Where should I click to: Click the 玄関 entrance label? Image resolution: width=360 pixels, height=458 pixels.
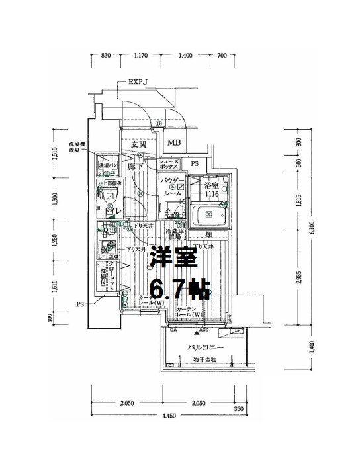coord(138,144)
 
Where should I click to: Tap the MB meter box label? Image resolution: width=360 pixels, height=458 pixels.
coord(174,143)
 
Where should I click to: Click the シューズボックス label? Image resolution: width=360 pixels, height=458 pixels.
coord(170,165)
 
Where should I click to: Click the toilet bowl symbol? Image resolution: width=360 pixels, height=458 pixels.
coord(110,195)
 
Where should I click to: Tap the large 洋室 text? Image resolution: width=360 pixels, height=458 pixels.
coord(173,258)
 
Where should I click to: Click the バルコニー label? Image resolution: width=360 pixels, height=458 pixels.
coord(205,347)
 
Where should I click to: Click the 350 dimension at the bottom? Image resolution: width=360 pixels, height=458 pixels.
coord(239,409)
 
